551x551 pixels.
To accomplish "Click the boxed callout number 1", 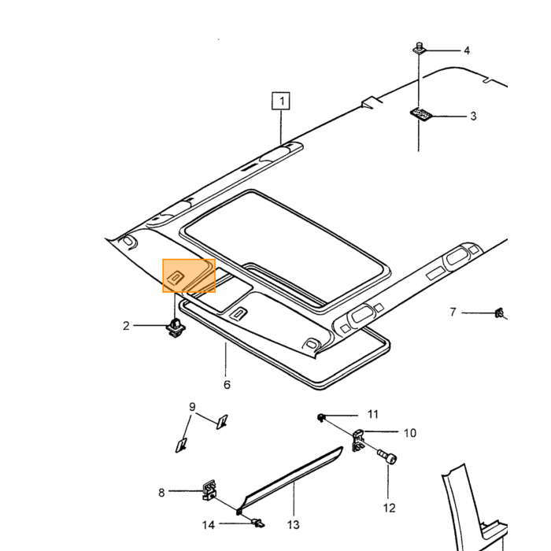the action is pos(281,102).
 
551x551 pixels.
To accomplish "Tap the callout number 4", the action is pos(467,50).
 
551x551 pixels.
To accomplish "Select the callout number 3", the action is pos(473,116).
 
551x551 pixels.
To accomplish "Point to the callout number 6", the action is pos(227,384).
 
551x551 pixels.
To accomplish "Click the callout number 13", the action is pos(293,525).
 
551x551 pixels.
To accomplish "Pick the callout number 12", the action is pos(389,508).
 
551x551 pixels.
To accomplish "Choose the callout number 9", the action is pos(192,407).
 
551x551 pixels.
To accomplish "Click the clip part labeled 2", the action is pos(176,327).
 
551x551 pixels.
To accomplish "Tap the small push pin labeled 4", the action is pos(419,49).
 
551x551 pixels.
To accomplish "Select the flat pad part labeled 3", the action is pos(420,114).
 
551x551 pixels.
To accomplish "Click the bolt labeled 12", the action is pos(387,457).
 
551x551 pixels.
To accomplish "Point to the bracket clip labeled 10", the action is pos(358,440).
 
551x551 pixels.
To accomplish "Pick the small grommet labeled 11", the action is pos(321,418).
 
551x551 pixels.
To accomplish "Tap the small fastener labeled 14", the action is pos(258,523).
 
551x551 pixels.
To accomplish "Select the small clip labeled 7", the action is pos(499,312).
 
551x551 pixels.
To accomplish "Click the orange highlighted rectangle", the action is pos(189,275).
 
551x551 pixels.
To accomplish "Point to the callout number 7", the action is pos(453,312).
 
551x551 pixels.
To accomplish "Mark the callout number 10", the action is pos(410,433).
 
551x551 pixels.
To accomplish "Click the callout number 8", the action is pos(161,493).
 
